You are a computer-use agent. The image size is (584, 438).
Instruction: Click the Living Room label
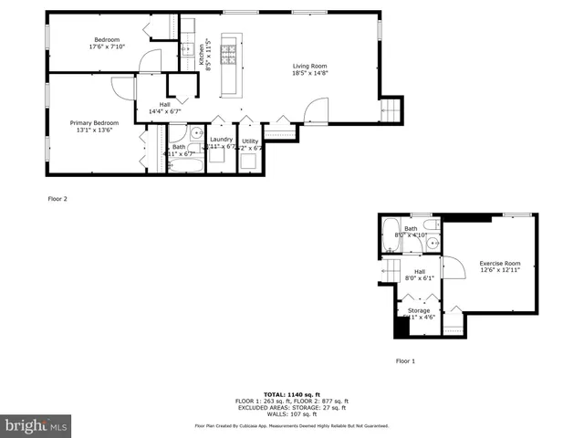click(x=309, y=66)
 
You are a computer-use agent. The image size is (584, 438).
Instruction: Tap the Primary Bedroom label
click(x=93, y=122)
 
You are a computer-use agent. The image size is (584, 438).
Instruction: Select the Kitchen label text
click(x=202, y=54)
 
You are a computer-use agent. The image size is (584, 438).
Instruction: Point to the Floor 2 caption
click(x=57, y=198)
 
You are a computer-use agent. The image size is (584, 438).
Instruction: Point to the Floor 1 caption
click(x=405, y=361)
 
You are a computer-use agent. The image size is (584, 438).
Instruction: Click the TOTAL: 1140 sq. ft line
click(x=291, y=394)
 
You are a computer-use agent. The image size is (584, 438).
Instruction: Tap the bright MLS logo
click(x=36, y=424)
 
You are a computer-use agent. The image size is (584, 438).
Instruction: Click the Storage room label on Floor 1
click(x=418, y=312)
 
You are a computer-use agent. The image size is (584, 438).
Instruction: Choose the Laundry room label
click(x=222, y=139)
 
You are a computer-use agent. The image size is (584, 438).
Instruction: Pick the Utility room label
click(x=250, y=139)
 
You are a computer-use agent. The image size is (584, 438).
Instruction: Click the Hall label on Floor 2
click(x=164, y=105)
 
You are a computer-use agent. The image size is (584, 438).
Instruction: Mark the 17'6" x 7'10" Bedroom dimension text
click(x=107, y=47)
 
